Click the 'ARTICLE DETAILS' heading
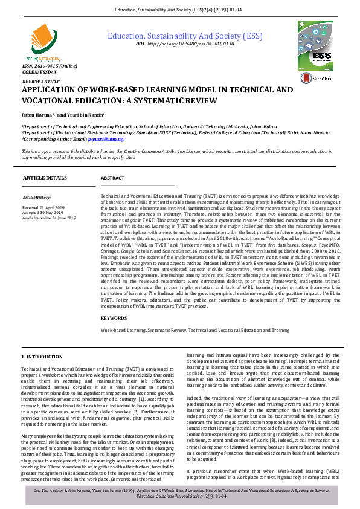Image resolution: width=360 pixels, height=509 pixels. [x=45, y=178]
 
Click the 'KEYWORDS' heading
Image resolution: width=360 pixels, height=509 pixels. [x=114, y=318]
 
